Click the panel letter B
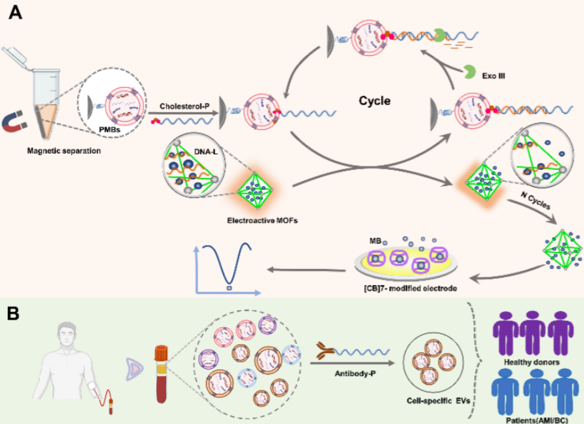(x=13, y=313)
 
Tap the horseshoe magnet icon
(x=14, y=123)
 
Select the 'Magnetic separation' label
(x=64, y=151)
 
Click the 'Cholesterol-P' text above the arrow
(x=184, y=106)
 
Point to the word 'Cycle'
(x=374, y=100)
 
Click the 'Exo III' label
(x=493, y=76)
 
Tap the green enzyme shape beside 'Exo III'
(x=469, y=72)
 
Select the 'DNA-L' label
(x=205, y=151)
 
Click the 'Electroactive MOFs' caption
(x=262, y=220)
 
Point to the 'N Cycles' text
(x=535, y=200)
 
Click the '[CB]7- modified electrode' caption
(x=410, y=288)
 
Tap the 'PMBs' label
(x=109, y=130)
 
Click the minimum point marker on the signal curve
(x=230, y=288)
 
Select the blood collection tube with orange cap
(x=161, y=374)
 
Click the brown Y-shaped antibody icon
(x=325, y=351)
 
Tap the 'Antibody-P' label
(x=355, y=374)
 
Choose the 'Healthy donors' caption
(x=532, y=362)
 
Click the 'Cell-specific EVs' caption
(x=438, y=401)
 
